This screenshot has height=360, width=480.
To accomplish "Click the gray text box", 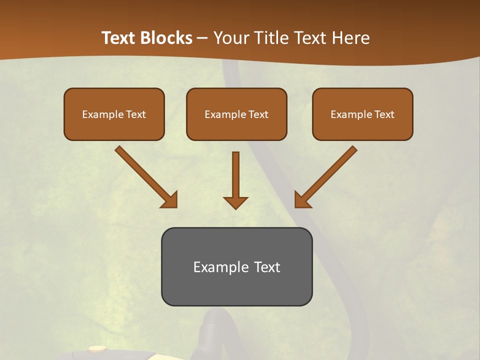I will [236, 285].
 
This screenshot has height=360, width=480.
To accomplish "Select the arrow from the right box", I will [330, 172].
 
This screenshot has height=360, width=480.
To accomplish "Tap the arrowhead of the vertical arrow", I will [235, 202].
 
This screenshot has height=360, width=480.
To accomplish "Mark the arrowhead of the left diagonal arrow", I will [170, 200].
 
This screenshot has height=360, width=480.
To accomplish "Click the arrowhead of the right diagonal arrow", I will [302, 200].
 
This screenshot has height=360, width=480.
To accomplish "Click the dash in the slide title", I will [202, 38].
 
